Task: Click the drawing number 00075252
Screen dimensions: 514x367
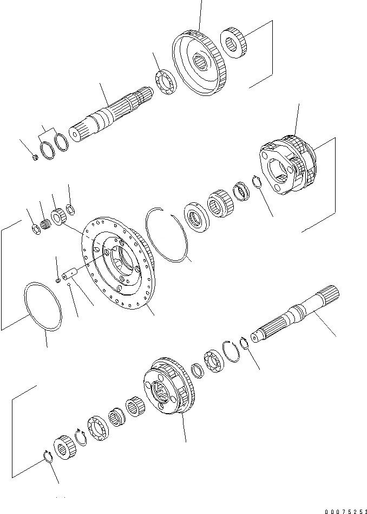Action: tap(346, 510)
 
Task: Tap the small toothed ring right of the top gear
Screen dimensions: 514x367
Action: tap(236, 43)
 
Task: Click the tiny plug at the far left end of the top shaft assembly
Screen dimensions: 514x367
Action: tap(34, 158)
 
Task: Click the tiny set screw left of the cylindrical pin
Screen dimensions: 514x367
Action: tap(58, 280)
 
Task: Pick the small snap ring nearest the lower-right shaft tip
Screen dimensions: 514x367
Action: tap(244, 343)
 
